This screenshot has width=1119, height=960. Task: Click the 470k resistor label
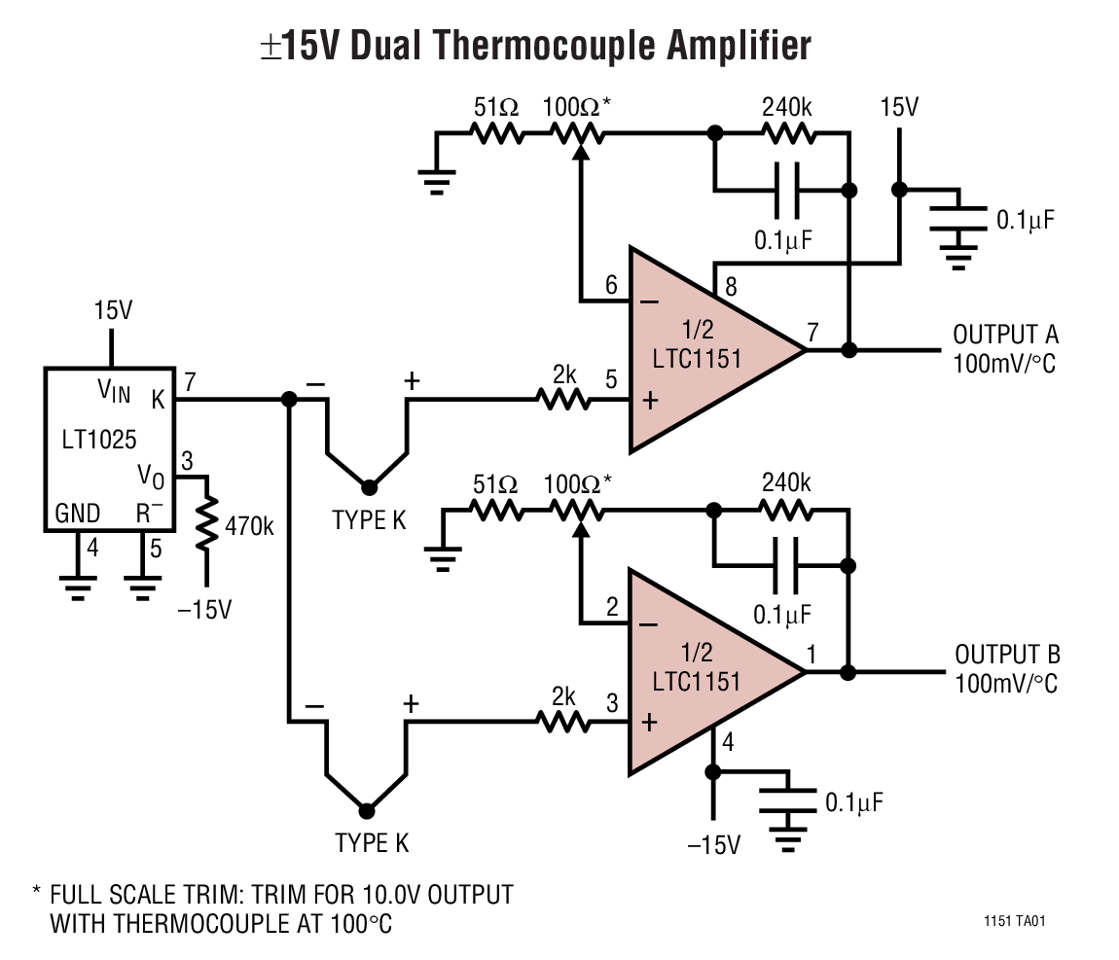click(x=249, y=526)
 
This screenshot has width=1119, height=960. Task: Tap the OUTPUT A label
click(x=1005, y=335)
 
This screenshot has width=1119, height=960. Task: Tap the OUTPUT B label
click(x=1006, y=654)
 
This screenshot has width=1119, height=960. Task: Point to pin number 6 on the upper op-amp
click(x=611, y=285)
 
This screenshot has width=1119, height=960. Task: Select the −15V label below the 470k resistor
click(x=205, y=610)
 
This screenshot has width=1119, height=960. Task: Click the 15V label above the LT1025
click(x=112, y=310)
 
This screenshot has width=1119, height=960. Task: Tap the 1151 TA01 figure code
click(x=1015, y=920)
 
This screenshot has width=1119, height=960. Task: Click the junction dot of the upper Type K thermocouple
click(x=368, y=486)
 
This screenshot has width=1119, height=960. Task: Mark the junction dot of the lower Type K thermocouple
click(x=367, y=810)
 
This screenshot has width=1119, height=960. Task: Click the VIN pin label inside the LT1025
click(x=113, y=390)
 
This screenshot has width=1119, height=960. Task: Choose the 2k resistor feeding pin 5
click(x=562, y=399)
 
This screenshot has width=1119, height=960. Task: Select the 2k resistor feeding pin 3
click(x=562, y=721)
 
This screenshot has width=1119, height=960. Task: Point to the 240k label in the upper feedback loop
click(x=785, y=107)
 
